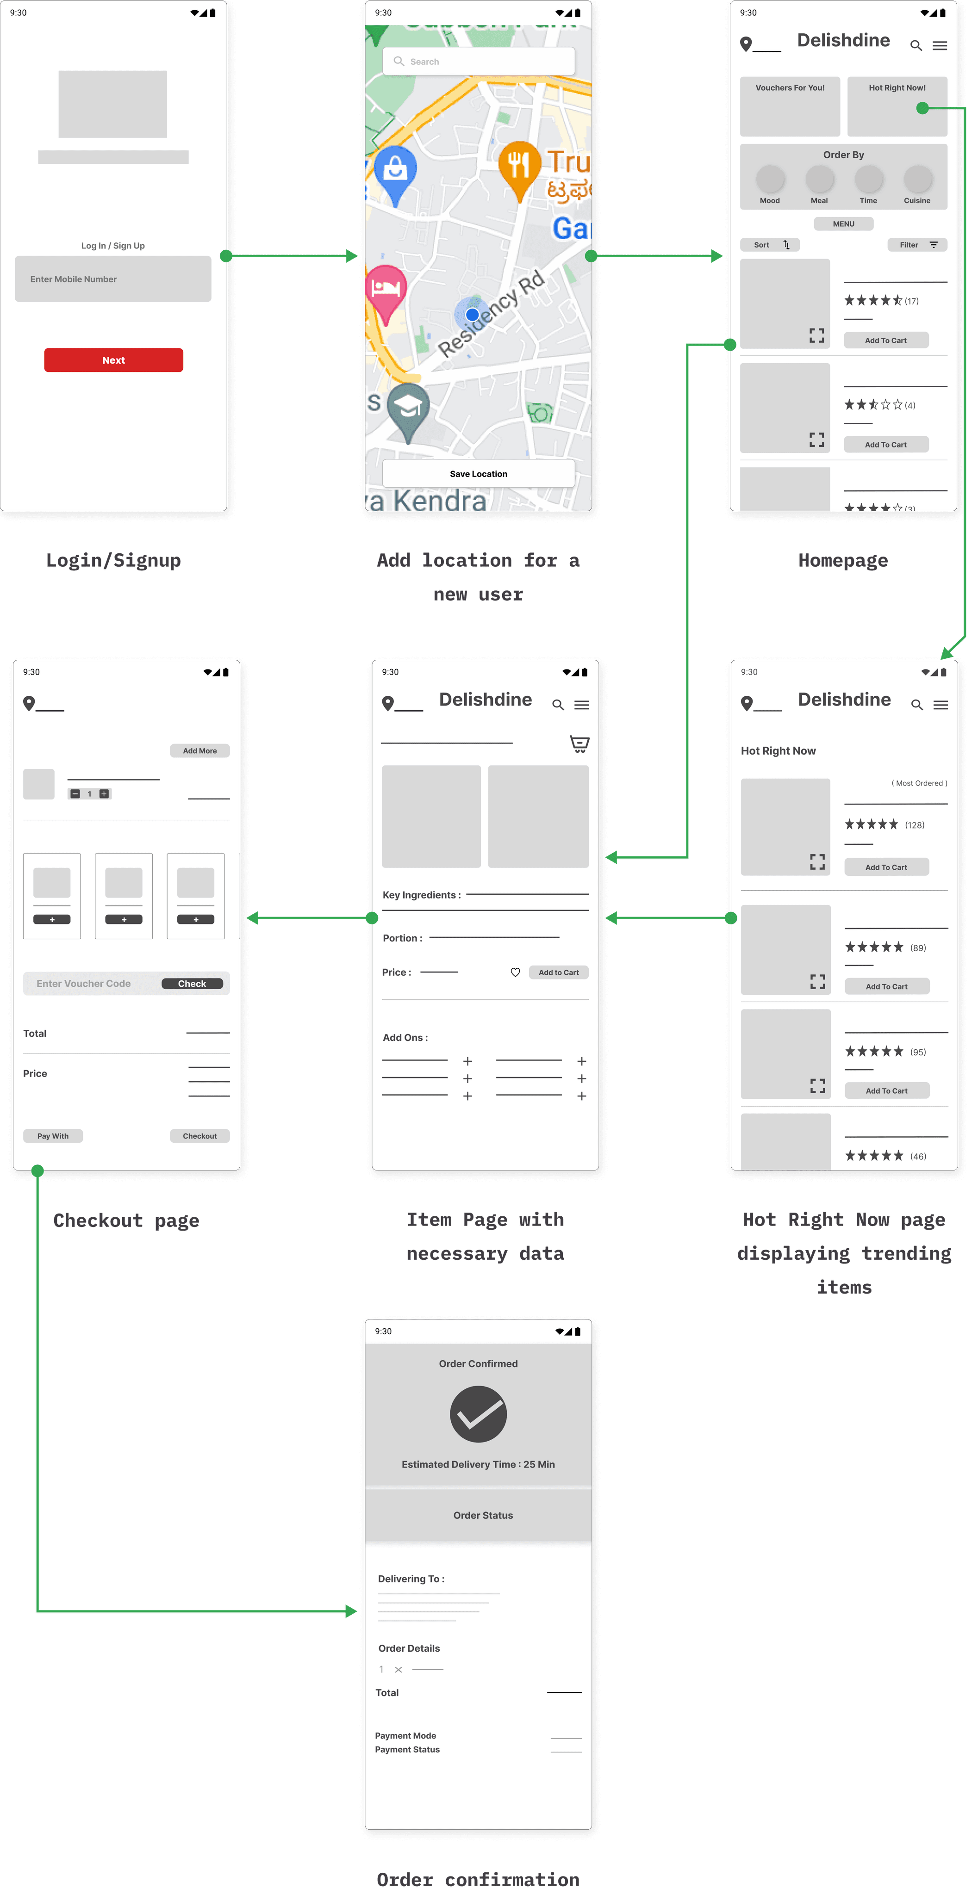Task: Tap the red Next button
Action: coord(113,360)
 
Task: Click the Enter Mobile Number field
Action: coord(112,279)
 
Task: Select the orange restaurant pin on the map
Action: coord(519,168)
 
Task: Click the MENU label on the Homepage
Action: coord(843,223)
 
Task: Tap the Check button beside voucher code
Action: coord(192,984)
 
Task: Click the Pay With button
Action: coord(53,1136)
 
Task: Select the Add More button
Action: coord(199,750)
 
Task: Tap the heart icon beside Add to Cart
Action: coord(515,972)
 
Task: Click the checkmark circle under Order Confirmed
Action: coord(478,1414)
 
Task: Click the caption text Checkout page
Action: coord(126,1220)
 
